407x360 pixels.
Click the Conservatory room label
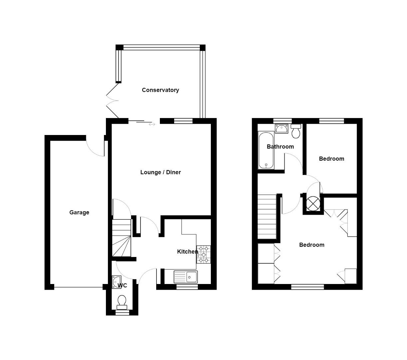160,90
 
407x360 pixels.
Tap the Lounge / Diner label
161,172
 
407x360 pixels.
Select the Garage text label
79,212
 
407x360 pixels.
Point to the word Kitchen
187,252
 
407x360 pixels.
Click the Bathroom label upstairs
280,147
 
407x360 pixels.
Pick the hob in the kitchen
204,254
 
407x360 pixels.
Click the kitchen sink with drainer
186,277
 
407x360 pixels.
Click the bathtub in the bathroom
266,150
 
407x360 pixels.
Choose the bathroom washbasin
281,128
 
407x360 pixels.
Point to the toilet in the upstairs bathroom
296,131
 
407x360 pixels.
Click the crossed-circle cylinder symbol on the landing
313,203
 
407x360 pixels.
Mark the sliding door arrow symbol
152,124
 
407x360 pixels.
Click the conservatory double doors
112,100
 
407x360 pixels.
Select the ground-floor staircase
121,238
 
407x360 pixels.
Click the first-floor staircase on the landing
267,217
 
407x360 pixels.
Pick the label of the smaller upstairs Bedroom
331,159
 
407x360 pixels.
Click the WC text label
122,286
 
